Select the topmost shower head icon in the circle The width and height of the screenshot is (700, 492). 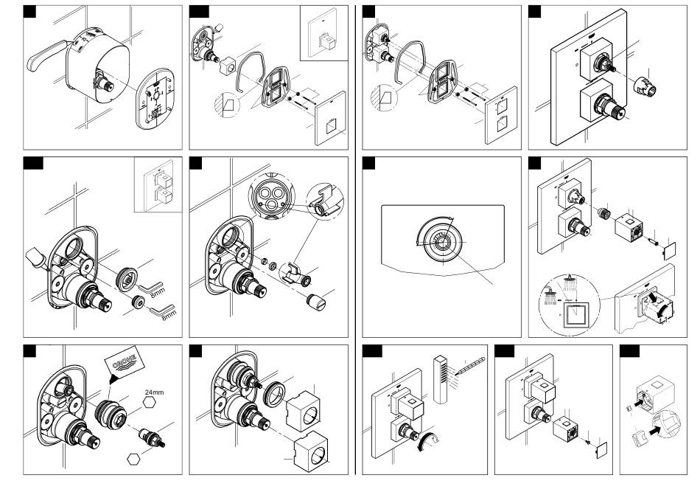point(570,280)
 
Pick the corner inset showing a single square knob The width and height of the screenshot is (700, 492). point(323,33)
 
